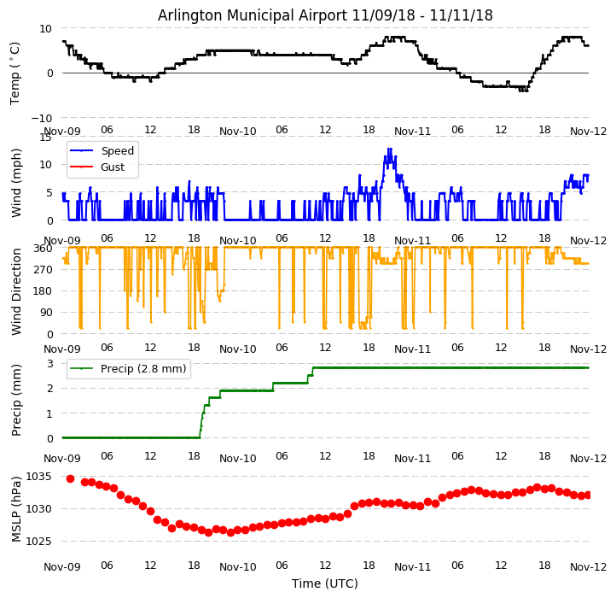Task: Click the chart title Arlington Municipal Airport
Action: [x=325, y=15]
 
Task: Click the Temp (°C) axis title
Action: [x=15, y=72]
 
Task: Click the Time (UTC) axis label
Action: [x=325, y=584]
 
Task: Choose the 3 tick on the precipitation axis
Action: [x=50, y=364]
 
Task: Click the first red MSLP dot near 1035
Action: [x=70, y=478]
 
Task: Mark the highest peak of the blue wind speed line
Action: [x=389, y=150]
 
